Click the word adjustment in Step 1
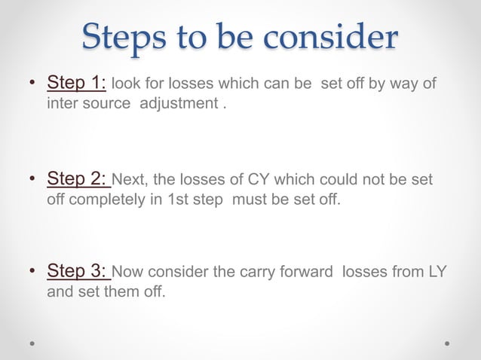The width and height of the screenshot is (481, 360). click(179, 103)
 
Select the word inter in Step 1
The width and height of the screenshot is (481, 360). click(60, 103)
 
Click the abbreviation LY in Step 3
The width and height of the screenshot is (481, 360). click(437, 272)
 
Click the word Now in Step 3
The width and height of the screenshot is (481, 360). click(127, 272)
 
